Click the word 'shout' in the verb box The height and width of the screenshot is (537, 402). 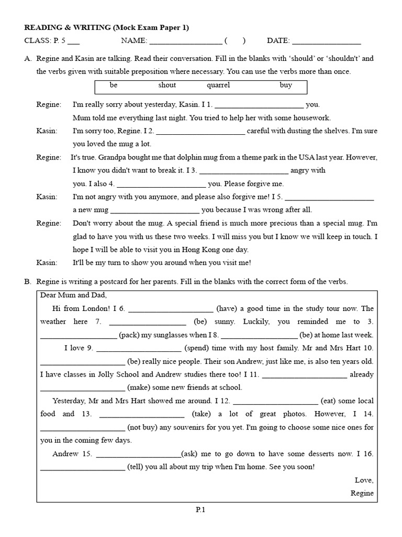[x=167, y=85]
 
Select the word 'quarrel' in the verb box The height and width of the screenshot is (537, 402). [x=218, y=85]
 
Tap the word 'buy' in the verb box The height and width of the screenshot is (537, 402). [x=286, y=85]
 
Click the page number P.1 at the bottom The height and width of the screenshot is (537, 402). [x=201, y=509]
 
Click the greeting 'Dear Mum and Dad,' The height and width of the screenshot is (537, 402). [x=73, y=295]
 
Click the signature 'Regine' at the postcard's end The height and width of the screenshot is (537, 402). [x=362, y=493]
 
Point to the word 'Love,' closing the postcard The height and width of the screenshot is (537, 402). [x=364, y=480]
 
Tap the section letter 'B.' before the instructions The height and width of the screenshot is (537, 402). [x=28, y=282]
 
